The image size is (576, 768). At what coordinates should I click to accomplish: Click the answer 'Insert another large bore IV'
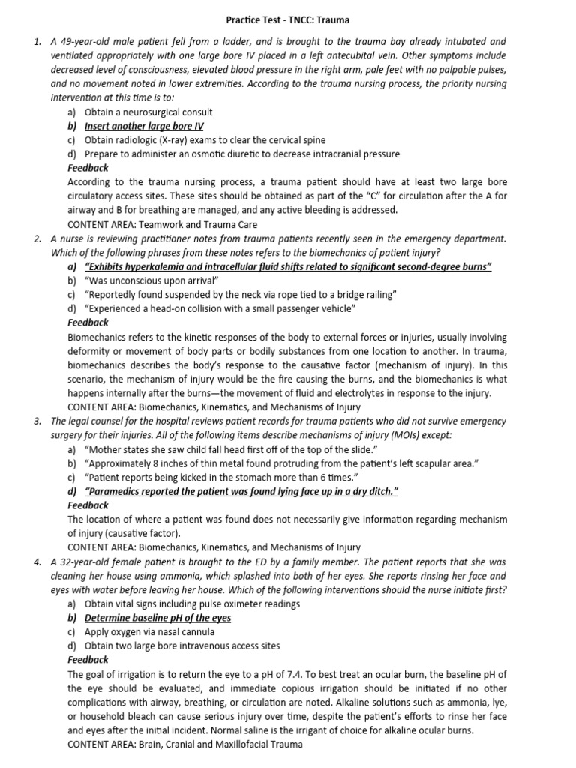pos(144,126)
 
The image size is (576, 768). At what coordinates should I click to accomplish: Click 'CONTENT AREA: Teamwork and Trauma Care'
pos(162,223)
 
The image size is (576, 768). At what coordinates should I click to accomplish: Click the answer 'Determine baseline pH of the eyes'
pos(157,617)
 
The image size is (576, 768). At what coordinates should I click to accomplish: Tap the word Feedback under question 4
pos(88,659)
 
